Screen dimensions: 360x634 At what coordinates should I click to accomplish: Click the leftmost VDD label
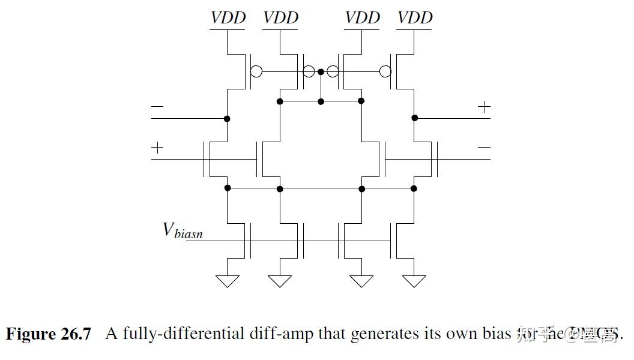click(x=228, y=18)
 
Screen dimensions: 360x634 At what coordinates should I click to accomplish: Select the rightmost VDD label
click(x=415, y=18)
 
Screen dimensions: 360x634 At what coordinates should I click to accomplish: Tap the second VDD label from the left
click(x=280, y=18)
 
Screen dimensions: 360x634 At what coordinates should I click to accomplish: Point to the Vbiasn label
click(x=183, y=230)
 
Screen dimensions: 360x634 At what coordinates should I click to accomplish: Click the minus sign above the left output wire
click(x=157, y=107)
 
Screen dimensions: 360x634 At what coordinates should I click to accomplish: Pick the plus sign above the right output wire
click(x=484, y=107)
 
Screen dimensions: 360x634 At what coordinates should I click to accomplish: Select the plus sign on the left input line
click(x=157, y=148)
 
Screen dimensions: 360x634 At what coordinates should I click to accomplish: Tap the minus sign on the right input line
click(x=484, y=148)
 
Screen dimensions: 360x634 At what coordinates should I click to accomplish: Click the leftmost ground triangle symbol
click(x=228, y=281)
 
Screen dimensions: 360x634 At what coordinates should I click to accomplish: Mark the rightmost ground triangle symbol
click(x=414, y=281)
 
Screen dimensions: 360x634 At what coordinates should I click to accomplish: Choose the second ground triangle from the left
click(x=280, y=281)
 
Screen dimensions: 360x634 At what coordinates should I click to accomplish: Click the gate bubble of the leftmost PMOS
click(x=256, y=72)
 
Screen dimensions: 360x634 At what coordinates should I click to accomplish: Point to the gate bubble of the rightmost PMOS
click(x=386, y=72)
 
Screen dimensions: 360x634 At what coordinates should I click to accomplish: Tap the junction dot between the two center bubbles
click(x=321, y=72)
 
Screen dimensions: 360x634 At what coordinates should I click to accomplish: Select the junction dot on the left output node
click(x=228, y=118)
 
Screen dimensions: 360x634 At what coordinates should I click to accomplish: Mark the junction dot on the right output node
click(x=414, y=118)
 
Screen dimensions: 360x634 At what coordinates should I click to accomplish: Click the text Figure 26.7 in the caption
click(x=49, y=334)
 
